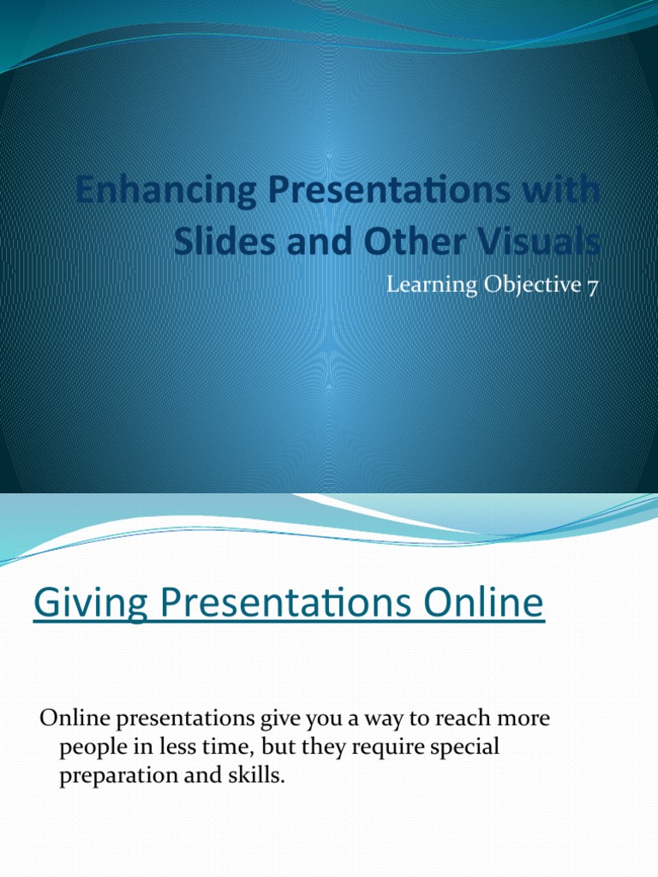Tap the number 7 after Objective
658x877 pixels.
(592, 285)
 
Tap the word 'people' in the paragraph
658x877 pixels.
(90, 747)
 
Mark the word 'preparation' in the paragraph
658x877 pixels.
(115, 776)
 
